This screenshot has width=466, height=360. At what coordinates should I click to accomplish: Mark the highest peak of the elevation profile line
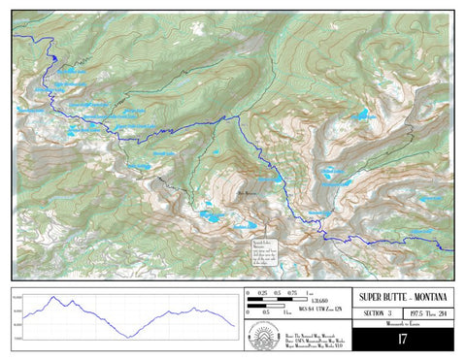[68, 299]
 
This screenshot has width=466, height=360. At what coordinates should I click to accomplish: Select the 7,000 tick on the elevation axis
[18, 338]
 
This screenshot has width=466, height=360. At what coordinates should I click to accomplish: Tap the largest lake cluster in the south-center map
[209, 215]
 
